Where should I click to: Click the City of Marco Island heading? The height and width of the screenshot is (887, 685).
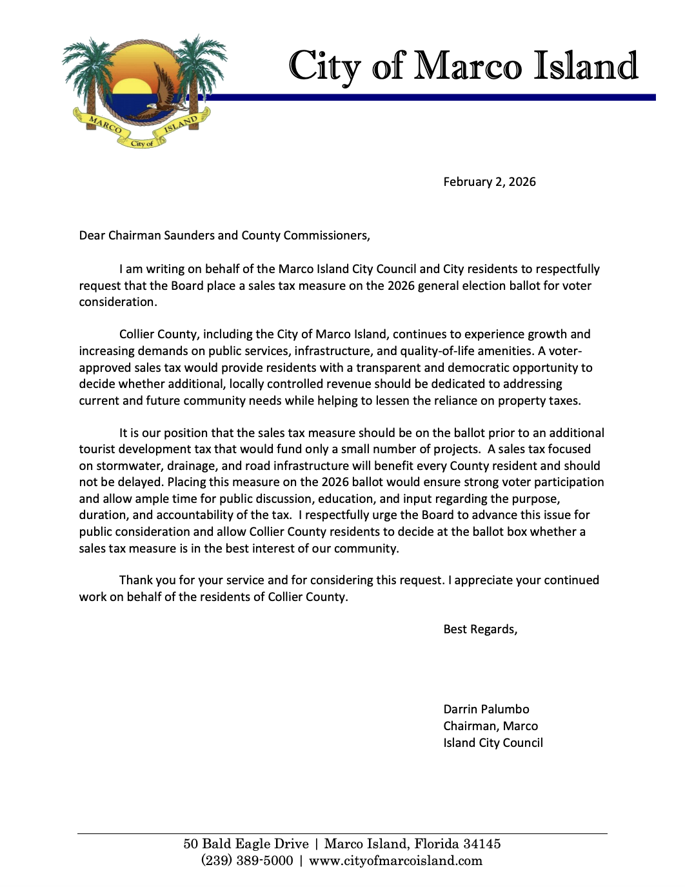pyautogui.click(x=462, y=66)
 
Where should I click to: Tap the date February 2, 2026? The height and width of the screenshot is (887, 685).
pyautogui.click(x=489, y=182)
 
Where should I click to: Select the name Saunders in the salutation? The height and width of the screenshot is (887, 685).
pyautogui.click(x=189, y=236)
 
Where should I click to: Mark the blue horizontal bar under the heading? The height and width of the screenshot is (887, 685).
pyautogui.click(x=426, y=97)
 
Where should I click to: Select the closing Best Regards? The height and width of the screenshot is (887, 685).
pyautogui.click(x=480, y=629)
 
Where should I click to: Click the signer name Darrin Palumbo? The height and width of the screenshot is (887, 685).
pyautogui.click(x=486, y=709)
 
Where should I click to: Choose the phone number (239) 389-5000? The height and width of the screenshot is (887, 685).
pyautogui.click(x=247, y=861)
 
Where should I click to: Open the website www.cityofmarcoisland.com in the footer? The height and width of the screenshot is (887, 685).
pyautogui.click(x=395, y=861)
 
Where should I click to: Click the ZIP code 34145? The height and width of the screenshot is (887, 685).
pyautogui.click(x=482, y=844)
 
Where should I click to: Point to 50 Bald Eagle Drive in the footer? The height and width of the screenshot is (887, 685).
pyautogui.click(x=246, y=844)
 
